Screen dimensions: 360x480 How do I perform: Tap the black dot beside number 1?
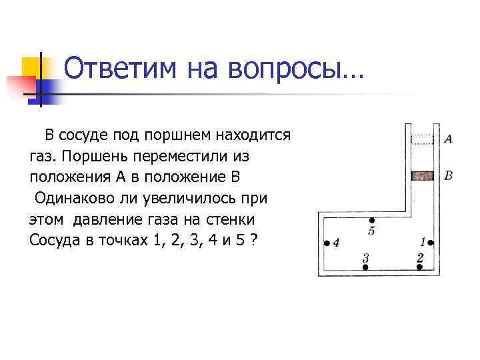(x=431, y=243)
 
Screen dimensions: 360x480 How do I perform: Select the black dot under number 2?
(x=420, y=267)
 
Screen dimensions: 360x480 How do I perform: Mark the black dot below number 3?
(x=365, y=267)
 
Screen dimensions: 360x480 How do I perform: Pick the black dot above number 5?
(x=371, y=220)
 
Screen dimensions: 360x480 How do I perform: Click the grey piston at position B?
(x=421, y=176)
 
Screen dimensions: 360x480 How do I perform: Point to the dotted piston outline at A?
(x=421, y=140)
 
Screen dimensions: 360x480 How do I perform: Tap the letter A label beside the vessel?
(x=448, y=139)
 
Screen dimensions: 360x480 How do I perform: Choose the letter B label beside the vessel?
(x=448, y=175)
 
